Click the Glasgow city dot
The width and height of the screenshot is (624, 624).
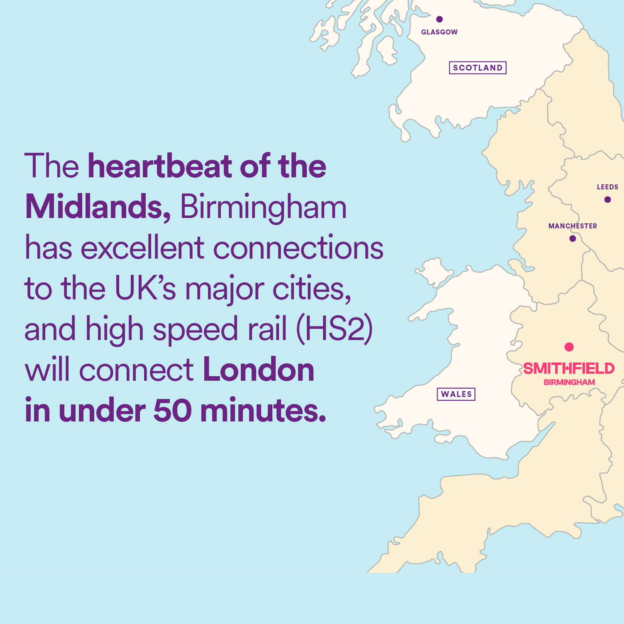[439, 19]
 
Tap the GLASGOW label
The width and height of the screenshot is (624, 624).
[439, 32]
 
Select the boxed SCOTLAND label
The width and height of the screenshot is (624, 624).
[477, 68]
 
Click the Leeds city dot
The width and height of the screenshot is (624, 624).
[607, 200]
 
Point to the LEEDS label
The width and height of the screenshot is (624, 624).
[607, 187]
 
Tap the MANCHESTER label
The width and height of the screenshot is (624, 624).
[572, 226]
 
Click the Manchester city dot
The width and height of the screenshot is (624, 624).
[573, 238]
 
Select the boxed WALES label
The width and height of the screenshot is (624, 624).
[456, 394]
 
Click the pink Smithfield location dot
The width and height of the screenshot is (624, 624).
[569, 347]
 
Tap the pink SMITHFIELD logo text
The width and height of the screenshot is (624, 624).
[569, 369]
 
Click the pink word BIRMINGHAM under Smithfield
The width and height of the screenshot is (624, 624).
[569, 383]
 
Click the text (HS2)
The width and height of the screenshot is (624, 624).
[335, 329]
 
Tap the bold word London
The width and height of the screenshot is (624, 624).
[258, 370]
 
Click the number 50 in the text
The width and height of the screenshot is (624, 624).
[172, 411]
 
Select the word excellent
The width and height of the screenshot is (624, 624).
[142, 248]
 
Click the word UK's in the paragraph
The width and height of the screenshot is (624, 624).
[145, 289]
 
